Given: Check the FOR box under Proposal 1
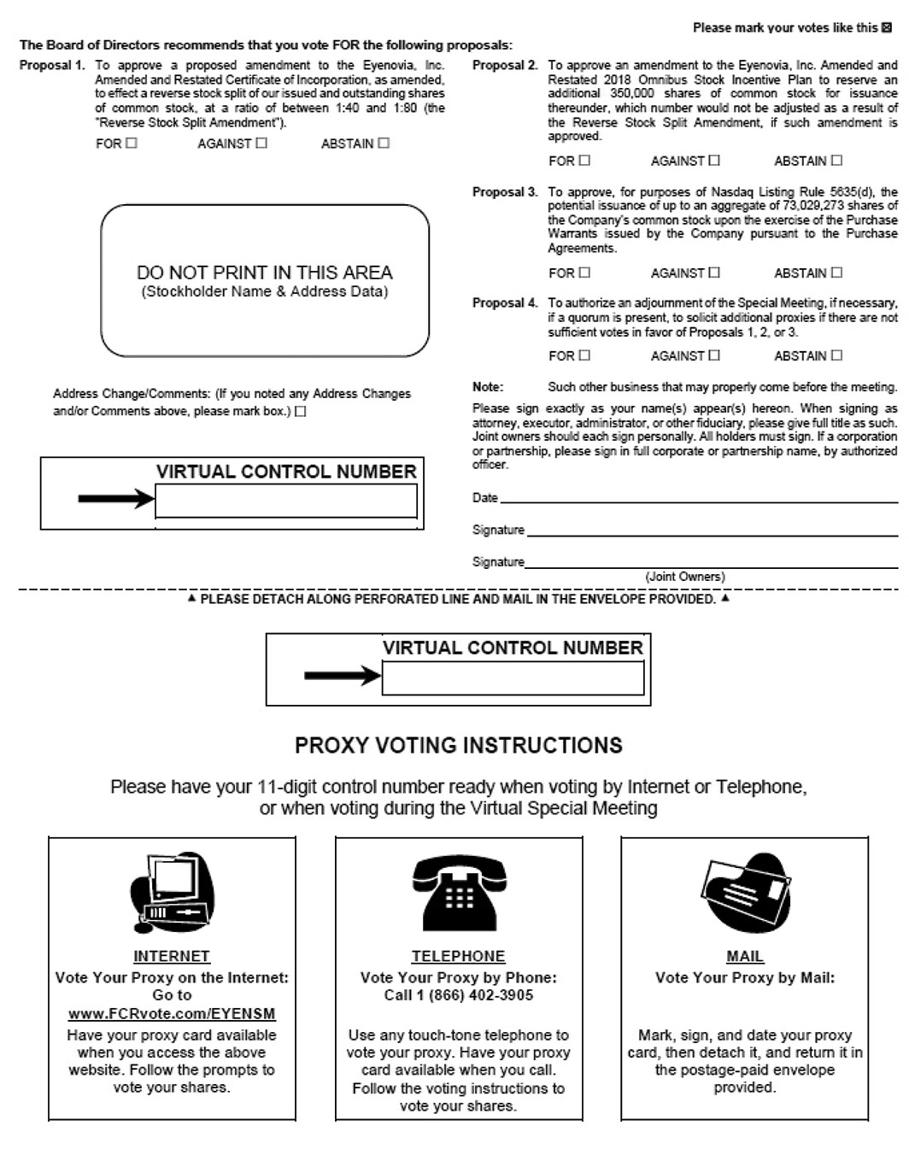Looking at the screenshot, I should (x=131, y=144).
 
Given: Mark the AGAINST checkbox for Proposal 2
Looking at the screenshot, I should (x=714, y=161).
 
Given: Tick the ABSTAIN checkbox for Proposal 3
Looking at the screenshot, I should (x=836, y=273).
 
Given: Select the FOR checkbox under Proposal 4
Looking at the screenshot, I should (x=584, y=355).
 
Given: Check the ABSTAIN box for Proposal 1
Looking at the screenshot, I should (x=384, y=144).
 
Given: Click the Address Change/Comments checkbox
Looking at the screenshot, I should (x=301, y=412).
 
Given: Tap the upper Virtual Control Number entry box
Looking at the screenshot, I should (x=285, y=501).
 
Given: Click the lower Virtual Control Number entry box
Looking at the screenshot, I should (x=513, y=678).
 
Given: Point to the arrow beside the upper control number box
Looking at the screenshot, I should (x=115, y=499).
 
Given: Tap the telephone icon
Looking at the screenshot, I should (x=459, y=894).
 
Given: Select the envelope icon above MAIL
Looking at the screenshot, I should (x=744, y=894).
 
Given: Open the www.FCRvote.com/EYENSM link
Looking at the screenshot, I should (x=172, y=1014).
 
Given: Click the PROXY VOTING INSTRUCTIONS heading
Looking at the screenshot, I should (x=458, y=746).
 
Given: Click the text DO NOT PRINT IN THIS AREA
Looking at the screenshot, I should (x=265, y=273).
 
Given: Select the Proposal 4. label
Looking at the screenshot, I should (x=505, y=302).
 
